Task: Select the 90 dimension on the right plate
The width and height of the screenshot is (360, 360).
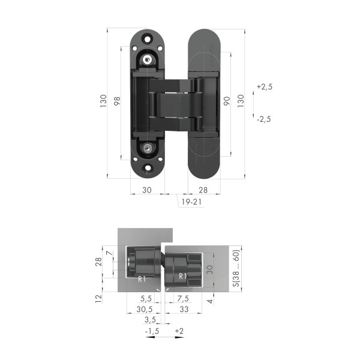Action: pos(227,101)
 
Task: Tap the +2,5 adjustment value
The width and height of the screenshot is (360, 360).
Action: pos(264,87)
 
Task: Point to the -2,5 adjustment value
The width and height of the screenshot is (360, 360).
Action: pos(263,119)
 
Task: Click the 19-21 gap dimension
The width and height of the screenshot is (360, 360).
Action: pos(190,203)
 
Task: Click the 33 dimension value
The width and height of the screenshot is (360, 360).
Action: pos(184,310)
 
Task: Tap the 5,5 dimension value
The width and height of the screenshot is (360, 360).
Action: pos(145,298)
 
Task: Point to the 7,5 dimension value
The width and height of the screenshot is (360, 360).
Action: pos(183,298)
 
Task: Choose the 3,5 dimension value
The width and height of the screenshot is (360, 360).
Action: pos(151,321)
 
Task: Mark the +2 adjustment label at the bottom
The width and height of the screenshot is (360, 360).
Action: pos(179,331)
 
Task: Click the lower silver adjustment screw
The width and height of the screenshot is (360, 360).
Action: pos(148,146)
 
